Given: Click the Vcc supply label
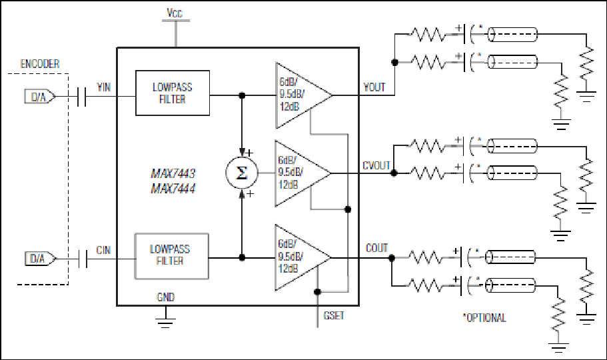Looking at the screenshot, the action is point(174,13).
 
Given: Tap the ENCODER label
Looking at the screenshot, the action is point(40,64).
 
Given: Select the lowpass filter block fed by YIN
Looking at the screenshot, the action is point(173,93).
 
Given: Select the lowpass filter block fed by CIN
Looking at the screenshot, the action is point(171,256).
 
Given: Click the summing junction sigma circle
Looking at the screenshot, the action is point(242,173).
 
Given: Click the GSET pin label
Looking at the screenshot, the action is point(334,316).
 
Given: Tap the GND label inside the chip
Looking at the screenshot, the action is point(166,297).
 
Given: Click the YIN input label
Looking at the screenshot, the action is point(104,87).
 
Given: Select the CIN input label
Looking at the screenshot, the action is point(103,251).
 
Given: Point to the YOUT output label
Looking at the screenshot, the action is point(374,87).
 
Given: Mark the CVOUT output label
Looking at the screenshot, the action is point(376,166).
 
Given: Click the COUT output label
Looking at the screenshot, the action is point(376,248).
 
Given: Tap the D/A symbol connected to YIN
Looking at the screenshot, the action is point(40,97).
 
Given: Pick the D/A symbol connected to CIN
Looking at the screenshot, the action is point(40,259).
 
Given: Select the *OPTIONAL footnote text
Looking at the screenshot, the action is point(484,318).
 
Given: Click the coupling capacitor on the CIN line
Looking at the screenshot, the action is point(83,259).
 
